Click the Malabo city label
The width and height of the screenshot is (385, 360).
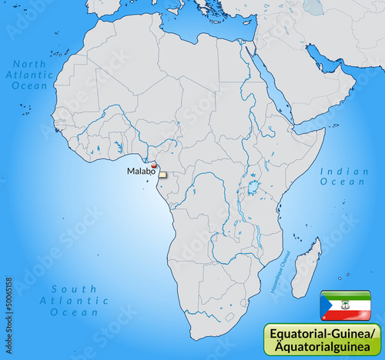140,171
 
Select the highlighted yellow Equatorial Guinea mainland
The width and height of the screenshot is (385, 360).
162,175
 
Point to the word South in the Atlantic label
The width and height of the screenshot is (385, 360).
74,289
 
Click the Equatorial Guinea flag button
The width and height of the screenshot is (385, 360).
346,305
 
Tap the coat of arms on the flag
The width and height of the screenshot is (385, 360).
347,305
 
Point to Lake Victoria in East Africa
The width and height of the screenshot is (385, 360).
252,185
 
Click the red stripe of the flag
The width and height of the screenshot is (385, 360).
350,314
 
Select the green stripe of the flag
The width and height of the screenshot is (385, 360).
350,295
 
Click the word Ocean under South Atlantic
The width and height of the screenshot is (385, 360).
74,313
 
